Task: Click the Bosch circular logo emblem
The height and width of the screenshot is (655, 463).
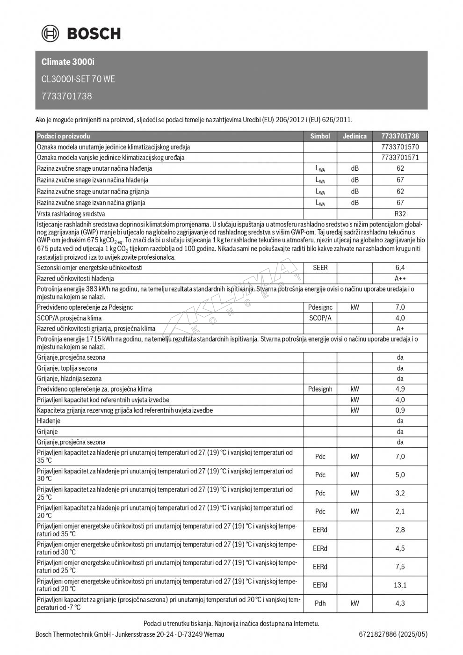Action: [x=50, y=33]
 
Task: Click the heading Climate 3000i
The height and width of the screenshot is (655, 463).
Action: [x=67, y=62]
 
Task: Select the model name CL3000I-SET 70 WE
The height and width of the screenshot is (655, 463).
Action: [x=78, y=79]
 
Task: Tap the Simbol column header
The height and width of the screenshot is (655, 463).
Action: [x=320, y=136]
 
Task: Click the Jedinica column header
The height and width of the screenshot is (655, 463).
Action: [x=354, y=136]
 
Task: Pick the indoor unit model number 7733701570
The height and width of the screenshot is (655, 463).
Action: [x=400, y=147]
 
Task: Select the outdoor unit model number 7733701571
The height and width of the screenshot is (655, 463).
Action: [x=400, y=158]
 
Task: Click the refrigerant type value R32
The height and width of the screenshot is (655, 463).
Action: [x=400, y=214]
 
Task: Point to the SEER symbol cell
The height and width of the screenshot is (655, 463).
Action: [x=320, y=268]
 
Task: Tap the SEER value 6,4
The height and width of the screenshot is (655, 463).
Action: [x=400, y=268]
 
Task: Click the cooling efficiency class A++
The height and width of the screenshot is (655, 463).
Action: [x=400, y=278]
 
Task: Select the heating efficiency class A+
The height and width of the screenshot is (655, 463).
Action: [x=400, y=328]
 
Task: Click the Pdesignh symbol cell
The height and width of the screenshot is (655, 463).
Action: [x=320, y=389]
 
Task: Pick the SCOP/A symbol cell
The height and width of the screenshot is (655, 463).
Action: [x=320, y=318]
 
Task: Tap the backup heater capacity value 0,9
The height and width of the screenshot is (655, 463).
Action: [x=400, y=410]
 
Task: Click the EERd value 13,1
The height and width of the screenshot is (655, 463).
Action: [x=400, y=585]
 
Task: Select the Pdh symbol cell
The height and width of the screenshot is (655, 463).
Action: [x=320, y=603]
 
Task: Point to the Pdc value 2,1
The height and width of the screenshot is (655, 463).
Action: [x=400, y=511]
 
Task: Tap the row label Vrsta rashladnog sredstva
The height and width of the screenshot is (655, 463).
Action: [x=71, y=214]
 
